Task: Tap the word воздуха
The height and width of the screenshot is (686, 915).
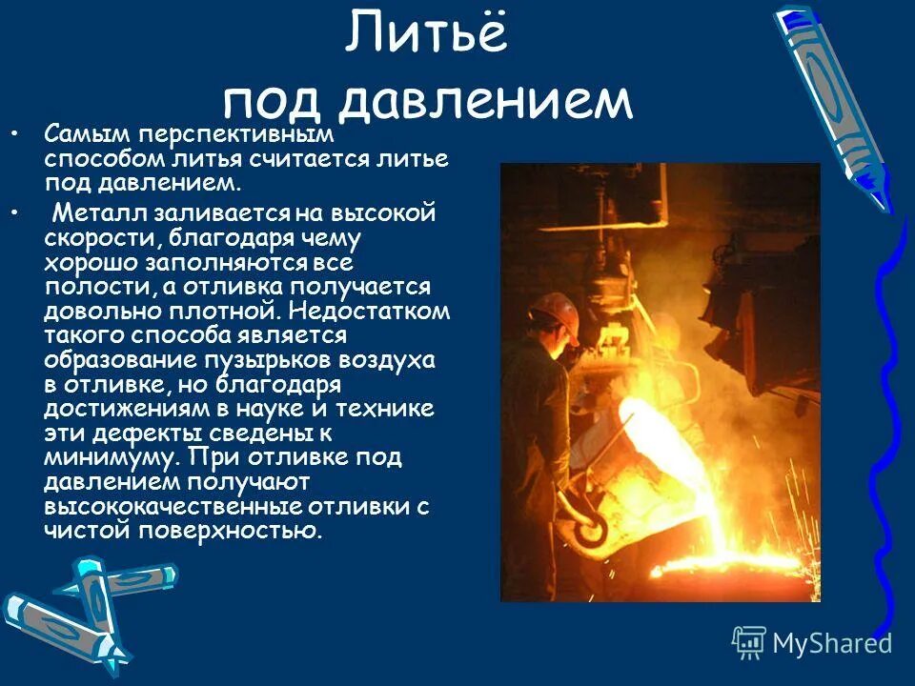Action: click(x=387, y=361)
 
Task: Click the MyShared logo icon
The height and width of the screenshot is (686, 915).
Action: click(x=749, y=642)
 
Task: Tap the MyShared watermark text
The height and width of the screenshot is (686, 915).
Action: click(x=832, y=644)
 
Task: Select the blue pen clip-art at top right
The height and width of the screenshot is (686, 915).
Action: click(x=829, y=105)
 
